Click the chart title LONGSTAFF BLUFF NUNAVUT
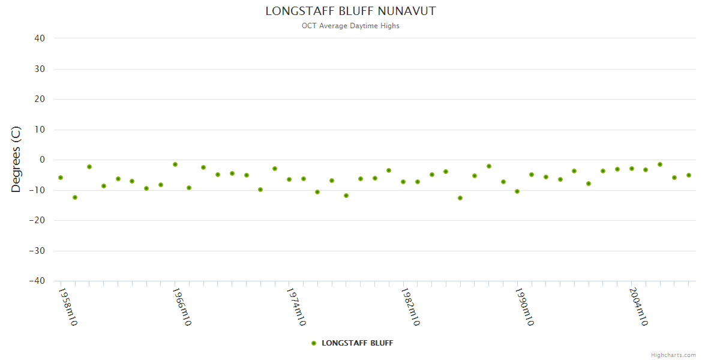click(x=350, y=11)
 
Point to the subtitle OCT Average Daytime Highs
click(x=350, y=26)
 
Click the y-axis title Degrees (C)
click(x=16, y=160)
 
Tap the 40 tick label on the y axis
click(x=40, y=38)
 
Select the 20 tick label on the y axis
click(x=40, y=99)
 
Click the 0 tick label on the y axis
click(x=43, y=160)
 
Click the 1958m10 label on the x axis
click(x=67, y=307)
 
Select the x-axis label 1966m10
click(x=181, y=307)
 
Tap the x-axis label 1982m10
click(x=410, y=307)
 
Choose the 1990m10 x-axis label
click(x=524, y=307)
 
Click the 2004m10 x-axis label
click(x=638, y=307)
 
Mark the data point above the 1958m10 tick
click(x=61, y=178)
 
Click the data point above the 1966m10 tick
click(x=175, y=164)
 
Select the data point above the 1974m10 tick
click(x=289, y=179)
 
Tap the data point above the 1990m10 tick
click(x=517, y=191)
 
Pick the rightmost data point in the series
click(x=689, y=175)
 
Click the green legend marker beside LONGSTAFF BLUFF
click(x=314, y=343)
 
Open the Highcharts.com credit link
click(x=673, y=355)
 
